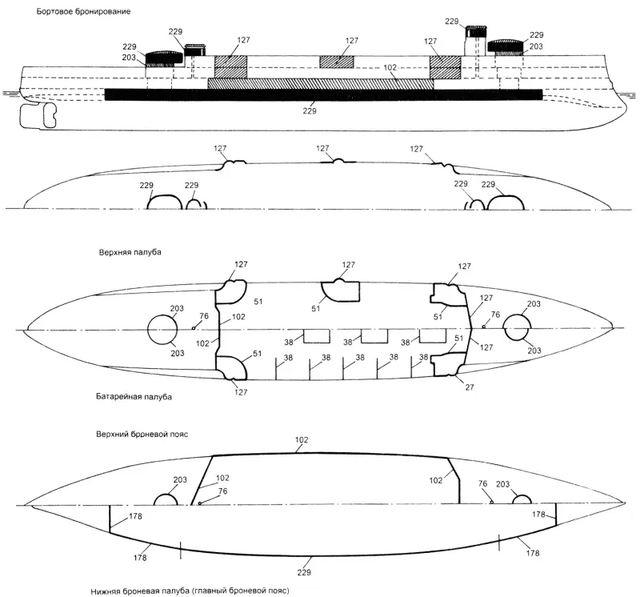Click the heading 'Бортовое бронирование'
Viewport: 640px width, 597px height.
(84, 11)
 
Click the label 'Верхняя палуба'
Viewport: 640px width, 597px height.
(130, 252)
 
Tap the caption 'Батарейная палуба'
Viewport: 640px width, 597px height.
(134, 396)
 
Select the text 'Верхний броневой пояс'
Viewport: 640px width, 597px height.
(142, 434)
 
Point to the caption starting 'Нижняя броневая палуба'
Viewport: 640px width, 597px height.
(190, 591)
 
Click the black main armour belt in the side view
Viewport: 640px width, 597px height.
(324, 94)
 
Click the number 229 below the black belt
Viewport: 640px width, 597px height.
(310, 110)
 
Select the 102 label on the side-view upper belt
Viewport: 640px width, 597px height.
(390, 67)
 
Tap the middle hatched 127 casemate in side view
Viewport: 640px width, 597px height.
(337, 62)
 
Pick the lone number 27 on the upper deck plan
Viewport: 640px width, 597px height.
(470, 387)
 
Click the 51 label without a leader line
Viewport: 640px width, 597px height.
(258, 302)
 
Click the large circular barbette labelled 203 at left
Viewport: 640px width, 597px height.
(162, 330)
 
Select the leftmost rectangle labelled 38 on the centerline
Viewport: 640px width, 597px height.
(317, 335)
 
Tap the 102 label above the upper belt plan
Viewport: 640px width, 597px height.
(302, 440)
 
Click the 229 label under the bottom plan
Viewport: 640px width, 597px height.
(304, 572)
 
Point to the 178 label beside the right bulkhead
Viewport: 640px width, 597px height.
(538, 515)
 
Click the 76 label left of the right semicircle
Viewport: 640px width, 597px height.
(483, 483)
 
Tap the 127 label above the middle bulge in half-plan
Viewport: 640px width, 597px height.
(322, 148)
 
